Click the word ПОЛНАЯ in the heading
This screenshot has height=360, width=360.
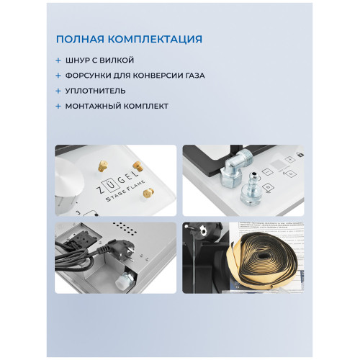(x=81, y=39)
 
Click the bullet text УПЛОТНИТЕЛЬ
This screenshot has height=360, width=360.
(x=94, y=91)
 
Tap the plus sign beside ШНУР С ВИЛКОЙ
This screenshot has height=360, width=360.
(x=58, y=60)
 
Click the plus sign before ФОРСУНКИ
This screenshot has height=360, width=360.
(x=58, y=76)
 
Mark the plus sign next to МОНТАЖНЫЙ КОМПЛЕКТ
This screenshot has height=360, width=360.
(x=58, y=106)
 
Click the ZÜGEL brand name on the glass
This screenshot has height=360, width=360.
(x=109, y=180)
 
